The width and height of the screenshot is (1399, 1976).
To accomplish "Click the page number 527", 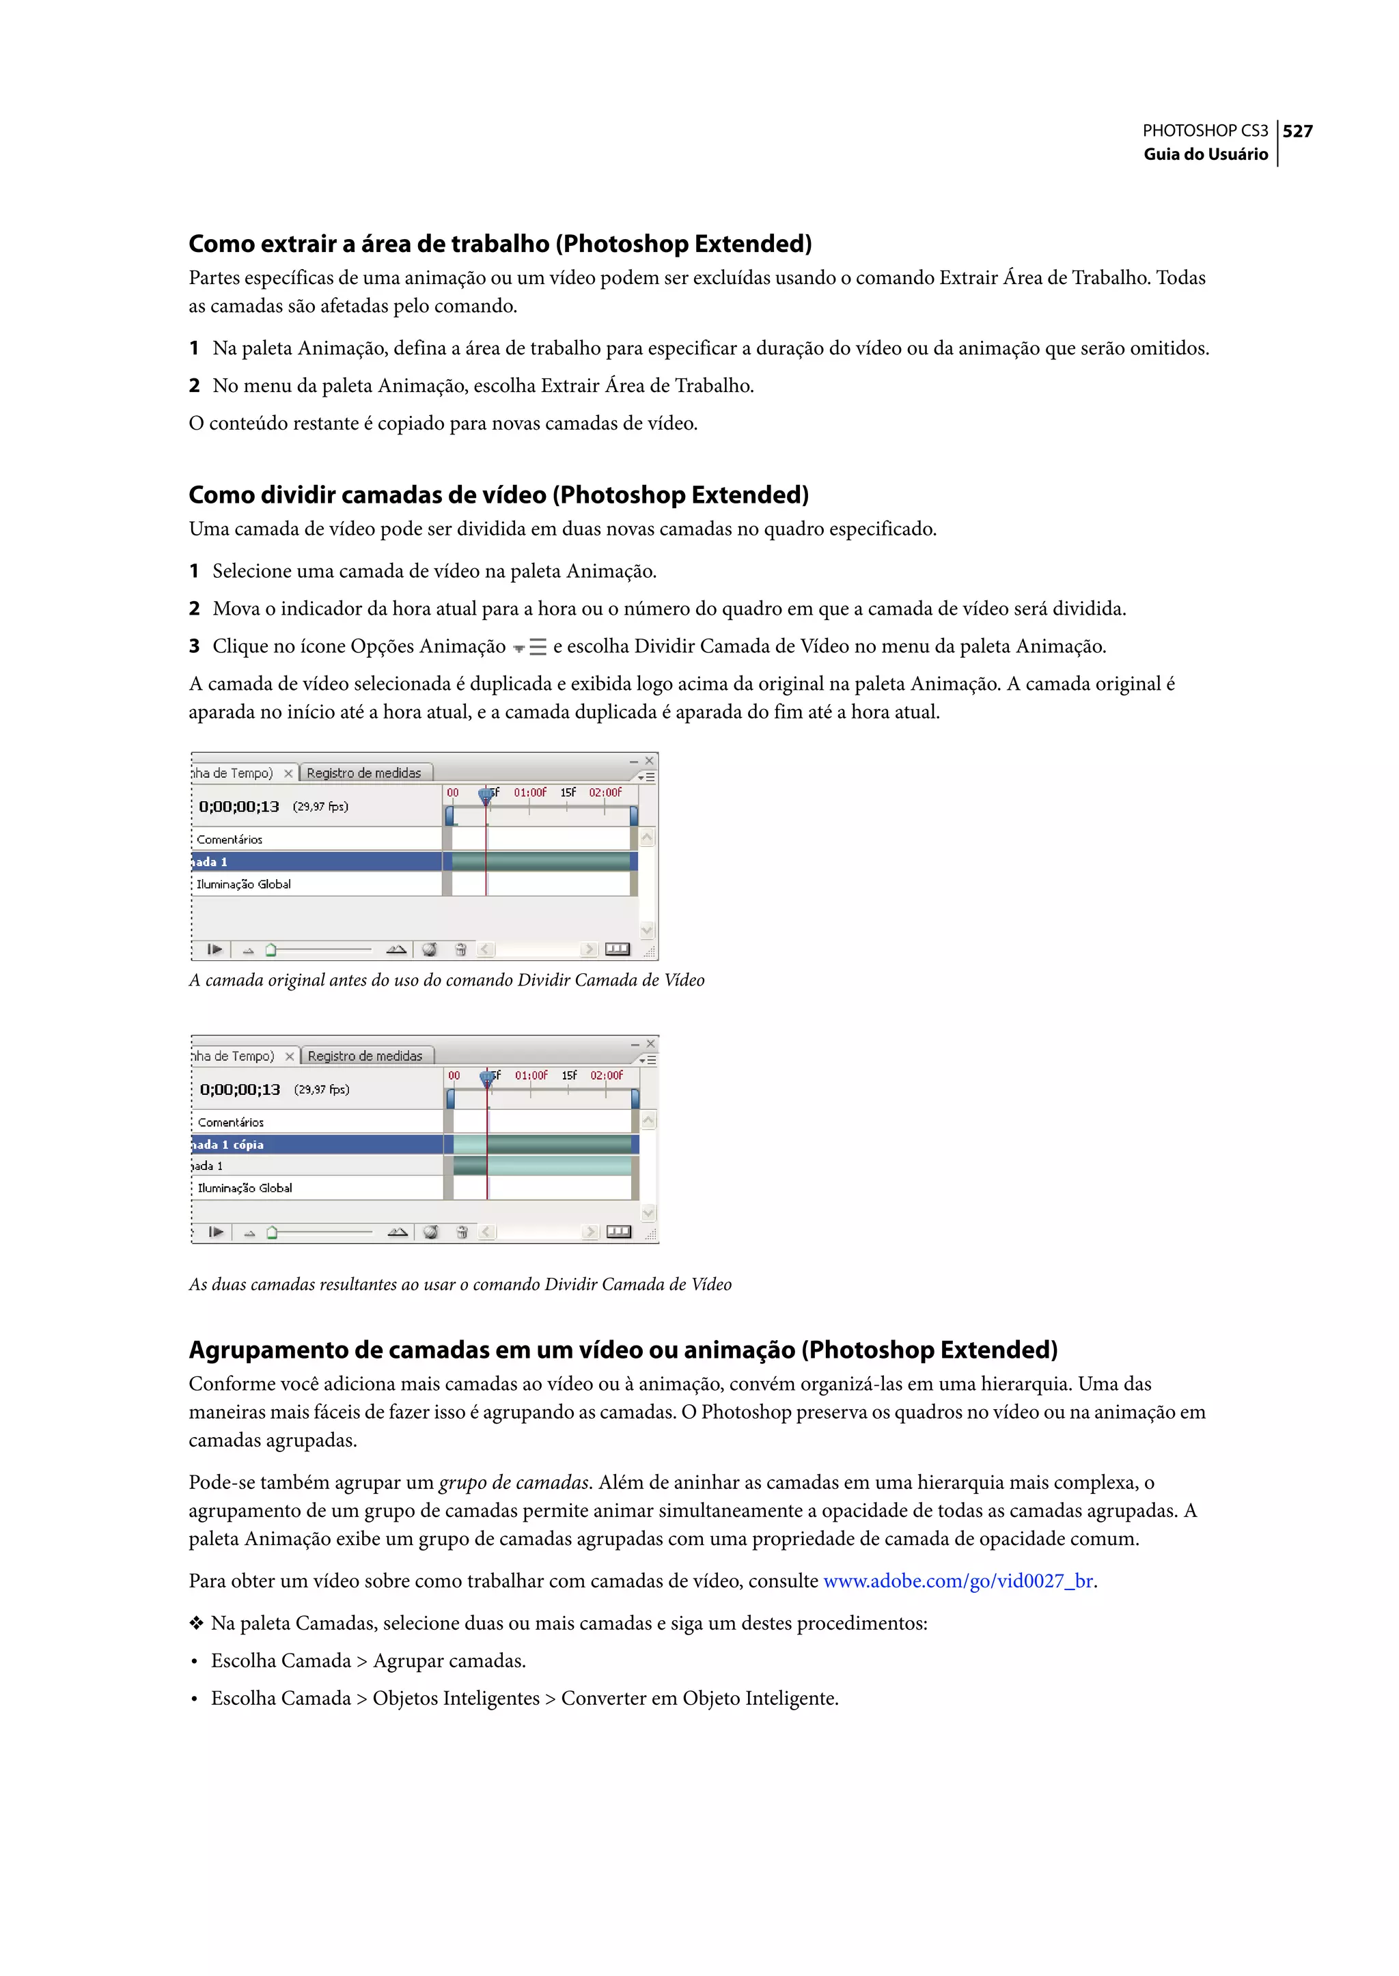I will (x=1297, y=131).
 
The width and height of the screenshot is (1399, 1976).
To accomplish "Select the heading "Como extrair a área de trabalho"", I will (x=499, y=244).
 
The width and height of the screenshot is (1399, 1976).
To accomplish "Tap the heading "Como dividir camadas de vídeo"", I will (x=498, y=495).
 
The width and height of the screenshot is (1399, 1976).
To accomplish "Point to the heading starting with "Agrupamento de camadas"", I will (x=623, y=1350).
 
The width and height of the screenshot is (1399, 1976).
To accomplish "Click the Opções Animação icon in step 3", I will (x=530, y=647).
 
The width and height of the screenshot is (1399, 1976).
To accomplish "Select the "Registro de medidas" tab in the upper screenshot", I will (x=363, y=773).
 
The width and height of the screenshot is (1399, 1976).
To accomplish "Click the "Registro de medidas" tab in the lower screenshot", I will (x=364, y=1056).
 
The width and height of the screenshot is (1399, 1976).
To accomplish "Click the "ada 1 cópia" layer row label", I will (x=228, y=1145).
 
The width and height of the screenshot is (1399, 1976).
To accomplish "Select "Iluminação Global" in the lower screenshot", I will (x=245, y=1188).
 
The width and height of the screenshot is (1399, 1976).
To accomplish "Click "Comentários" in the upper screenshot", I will (x=229, y=839).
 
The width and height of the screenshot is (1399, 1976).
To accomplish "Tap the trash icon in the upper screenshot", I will (x=461, y=949).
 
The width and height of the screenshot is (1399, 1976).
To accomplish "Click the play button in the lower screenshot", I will (x=215, y=1231).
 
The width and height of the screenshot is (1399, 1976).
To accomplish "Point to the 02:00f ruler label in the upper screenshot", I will (x=605, y=792).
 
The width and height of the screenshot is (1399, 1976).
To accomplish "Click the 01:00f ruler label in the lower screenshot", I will (x=531, y=1075).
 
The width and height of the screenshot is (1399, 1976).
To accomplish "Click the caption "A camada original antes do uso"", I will (x=446, y=980).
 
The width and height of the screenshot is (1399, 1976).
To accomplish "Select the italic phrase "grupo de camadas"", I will (x=514, y=1482).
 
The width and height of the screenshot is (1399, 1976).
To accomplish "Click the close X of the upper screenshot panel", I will (x=650, y=761).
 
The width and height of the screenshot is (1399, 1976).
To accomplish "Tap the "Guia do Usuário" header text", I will (x=1205, y=154).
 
